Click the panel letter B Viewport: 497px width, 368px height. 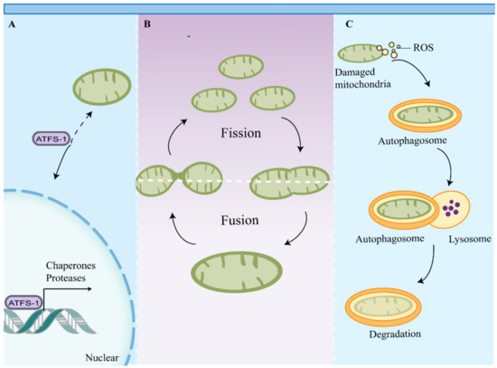coord(148,25)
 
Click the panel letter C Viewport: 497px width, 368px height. coord(340,25)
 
